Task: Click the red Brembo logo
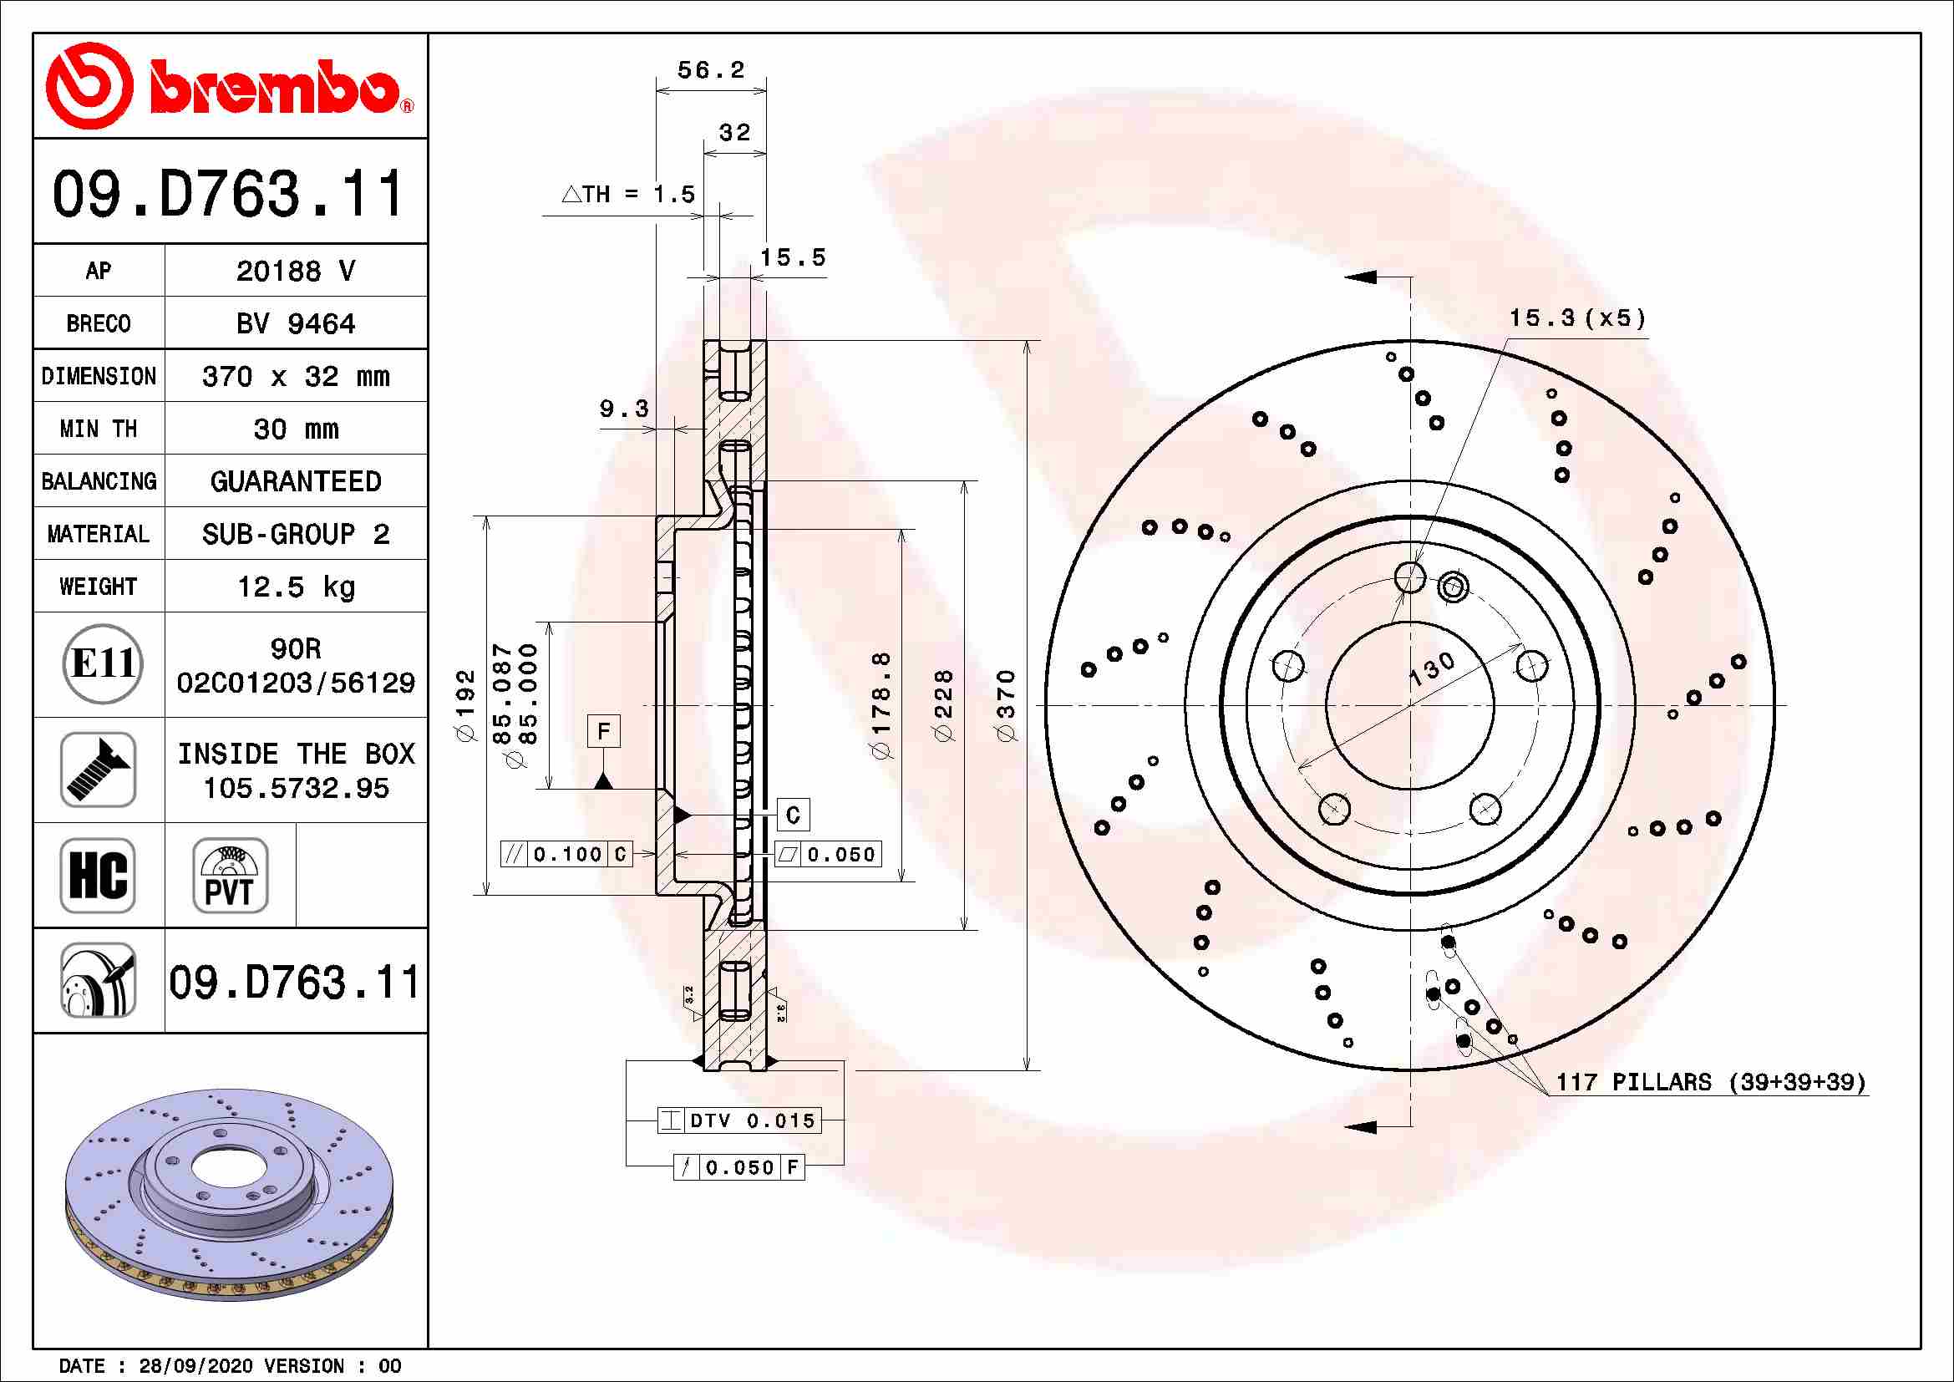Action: pyautogui.click(x=230, y=86)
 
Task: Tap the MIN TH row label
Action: pyautogui.click(x=99, y=429)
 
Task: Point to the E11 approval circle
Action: pyautogui.click(x=103, y=663)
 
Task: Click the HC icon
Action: pyautogui.click(x=98, y=875)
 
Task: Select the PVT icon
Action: pyautogui.click(x=230, y=875)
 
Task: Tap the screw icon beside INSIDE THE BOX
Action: pyautogui.click(x=98, y=770)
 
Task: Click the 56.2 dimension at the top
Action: pyautogui.click(x=711, y=70)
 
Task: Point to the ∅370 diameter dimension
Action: pyautogui.click(x=1007, y=705)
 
